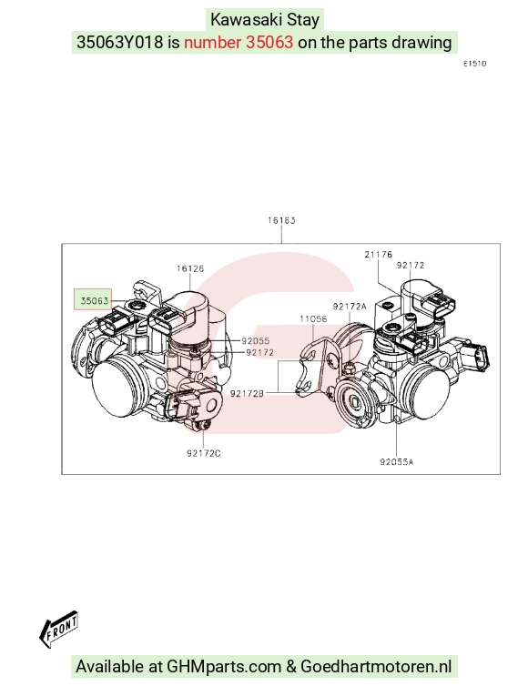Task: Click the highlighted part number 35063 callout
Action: pos(93,300)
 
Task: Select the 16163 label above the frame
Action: pos(281,220)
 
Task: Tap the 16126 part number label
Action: pos(190,268)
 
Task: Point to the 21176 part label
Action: pos(379,254)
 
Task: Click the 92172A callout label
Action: pos(350,307)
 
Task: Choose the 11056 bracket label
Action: pos(313,318)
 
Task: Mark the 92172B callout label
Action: pos(247,393)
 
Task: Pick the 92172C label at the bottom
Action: pos(204,453)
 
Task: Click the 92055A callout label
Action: pos(397,461)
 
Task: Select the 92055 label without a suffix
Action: pos(256,341)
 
